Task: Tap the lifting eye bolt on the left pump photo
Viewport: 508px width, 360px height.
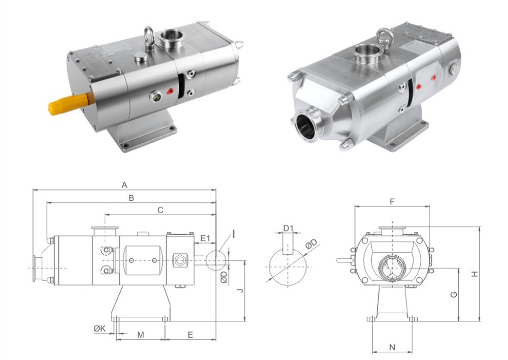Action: pyautogui.click(x=149, y=37)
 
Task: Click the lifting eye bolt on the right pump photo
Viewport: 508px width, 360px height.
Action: pyautogui.click(x=384, y=37)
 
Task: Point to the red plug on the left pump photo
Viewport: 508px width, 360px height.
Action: pyautogui.click(x=170, y=92)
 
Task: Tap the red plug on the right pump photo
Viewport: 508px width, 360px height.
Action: pyautogui.click(x=433, y=78)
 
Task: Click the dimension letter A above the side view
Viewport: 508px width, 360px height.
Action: pyautogui.click(x=124, y=185)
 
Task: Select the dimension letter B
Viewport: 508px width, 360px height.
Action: pyautogui.click(x=131, y=198)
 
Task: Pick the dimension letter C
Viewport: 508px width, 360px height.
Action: pyautogui.click(x=160, y=209)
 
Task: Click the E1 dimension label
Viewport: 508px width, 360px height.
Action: pyautogui.click(x=205, y=238)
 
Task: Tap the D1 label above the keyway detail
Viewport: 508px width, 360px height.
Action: pyautogui.click(x=288, y=228)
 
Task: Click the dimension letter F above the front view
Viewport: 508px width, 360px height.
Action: pyautogui.click(x=392, y=202)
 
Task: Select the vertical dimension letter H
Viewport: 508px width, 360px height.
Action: pyautogui.click(x=474, y=274)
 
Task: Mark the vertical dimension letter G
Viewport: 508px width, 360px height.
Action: pyautogui.click(x=454, y=294)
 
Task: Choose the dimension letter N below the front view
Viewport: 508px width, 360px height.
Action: pyautogui.click(x=392, y=347)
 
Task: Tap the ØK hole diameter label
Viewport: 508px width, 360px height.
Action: pyautogui.click(x=100, y=328)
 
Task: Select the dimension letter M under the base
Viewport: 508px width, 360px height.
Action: pyautogui.click(x=141, y=335)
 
